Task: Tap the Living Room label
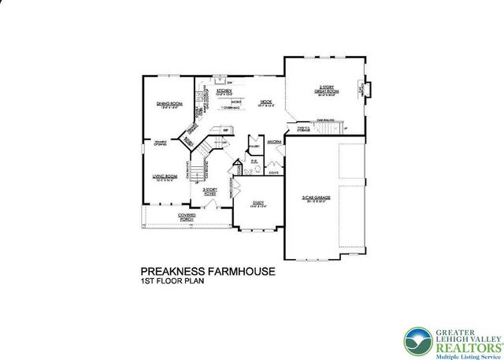tap(164, 178)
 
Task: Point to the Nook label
tap(265, 102)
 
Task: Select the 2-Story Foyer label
tap(210, 191)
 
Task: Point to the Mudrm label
tap(274, 142)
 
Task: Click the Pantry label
tap(254, 147)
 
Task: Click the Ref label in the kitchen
tap(226, 130)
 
